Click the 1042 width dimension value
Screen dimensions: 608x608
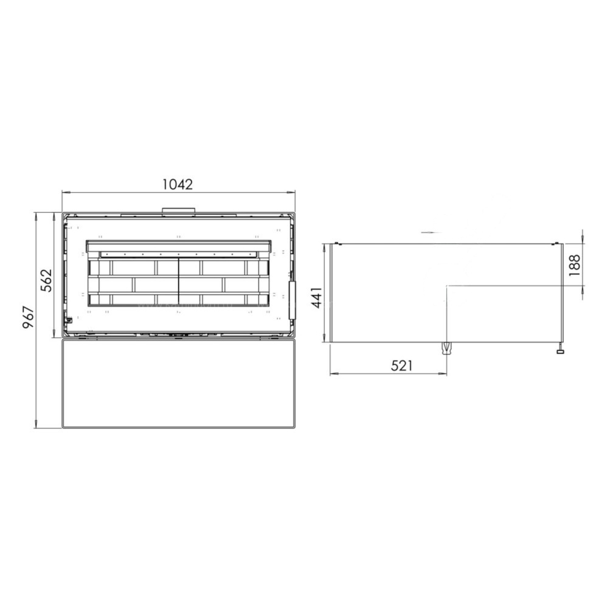[177, 184]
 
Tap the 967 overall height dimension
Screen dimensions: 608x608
[29, 317]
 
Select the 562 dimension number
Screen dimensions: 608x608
[46, 281]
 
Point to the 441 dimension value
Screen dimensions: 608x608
[317, 297]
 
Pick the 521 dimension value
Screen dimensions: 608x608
[401, 365]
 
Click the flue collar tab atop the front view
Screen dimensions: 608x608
[178, 210]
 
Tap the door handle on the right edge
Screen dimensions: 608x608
[292, 300]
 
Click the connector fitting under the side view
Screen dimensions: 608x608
[447, 348]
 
